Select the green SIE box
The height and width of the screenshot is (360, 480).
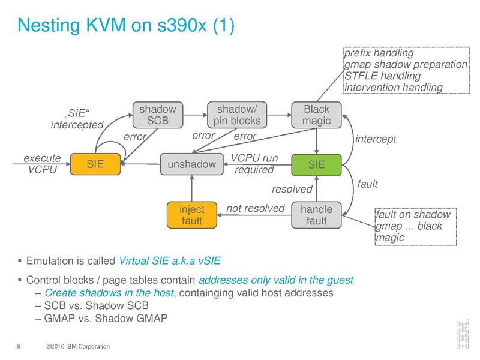coord(316,163)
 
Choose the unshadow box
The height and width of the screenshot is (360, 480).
coord(190,163)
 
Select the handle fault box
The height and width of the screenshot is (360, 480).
coord(316,215)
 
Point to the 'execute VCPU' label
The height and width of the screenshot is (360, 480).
coord(41,163)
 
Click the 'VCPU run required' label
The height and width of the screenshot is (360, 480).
coord(254,164)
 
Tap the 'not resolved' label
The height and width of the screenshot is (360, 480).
coord(255,208)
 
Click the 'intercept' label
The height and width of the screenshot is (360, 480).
coord(376,139)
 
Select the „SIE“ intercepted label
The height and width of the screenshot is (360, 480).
coord(77,119)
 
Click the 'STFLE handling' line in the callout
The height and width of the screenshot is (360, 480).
coord(382,76)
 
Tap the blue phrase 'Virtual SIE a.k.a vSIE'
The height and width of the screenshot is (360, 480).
coord(170,261)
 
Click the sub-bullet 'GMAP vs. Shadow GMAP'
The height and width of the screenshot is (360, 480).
coord(106,318)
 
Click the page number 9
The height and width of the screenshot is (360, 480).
coord(20,346)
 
